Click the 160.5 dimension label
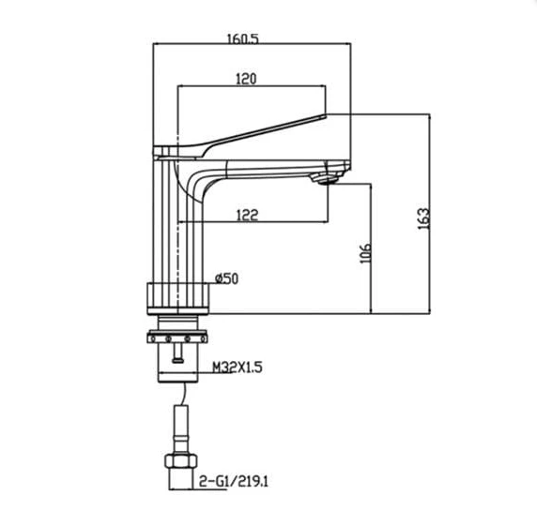tap(243, 39)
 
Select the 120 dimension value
tap(246, 79)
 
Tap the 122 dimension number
tap(247, 215)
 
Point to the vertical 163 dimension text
tap(423, 218)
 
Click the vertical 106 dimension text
tap(365, 253)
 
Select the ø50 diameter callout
tap(226, 278)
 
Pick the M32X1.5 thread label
tap(238, 368)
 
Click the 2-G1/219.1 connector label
tap(234, 482)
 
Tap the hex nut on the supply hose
tap(181, 461)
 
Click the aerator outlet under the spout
tap(327, 178)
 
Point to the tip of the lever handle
tap(326, 116)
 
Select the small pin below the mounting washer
tap(177, 353)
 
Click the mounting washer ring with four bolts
tap(177, 338)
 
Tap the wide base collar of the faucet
tap(177, 298)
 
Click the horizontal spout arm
tap(270, 170)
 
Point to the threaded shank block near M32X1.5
tap(178, 363)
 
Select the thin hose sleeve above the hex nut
tap(181, 429)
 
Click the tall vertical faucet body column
tap(177, 222)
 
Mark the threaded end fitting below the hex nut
tap(180, 479)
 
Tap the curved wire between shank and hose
tap(185, 394)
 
